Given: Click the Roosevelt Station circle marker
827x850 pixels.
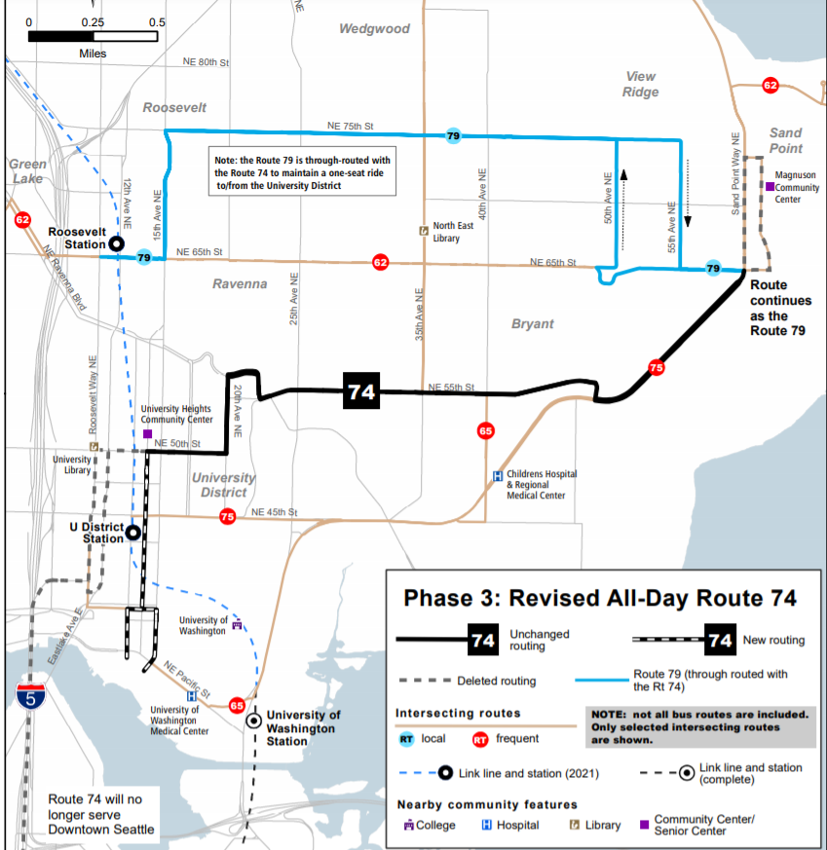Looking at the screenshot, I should [x=116, y=244].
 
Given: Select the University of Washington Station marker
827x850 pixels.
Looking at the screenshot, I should [x=253, y=721].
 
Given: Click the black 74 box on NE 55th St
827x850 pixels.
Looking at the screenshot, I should [x=360, y=391].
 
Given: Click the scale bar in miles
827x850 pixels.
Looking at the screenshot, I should [x=93, y=36].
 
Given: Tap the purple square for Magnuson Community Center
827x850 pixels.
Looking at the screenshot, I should [x=770, y=186].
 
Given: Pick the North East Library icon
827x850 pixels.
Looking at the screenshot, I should [x=423, y=231].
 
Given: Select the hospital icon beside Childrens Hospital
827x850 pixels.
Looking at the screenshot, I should [x=498, y=476].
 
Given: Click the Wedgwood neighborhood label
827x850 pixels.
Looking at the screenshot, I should [x=374, y=29].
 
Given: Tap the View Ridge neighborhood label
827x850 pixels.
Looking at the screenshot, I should [x=641, y=84].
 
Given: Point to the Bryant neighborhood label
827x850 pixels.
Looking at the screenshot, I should [x=532, y=323].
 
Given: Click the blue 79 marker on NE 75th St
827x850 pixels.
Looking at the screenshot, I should [x=453, y=136].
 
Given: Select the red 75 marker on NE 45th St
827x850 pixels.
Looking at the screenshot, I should [x=227, y=517].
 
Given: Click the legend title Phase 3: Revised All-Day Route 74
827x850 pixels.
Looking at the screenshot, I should [x=600, y=598].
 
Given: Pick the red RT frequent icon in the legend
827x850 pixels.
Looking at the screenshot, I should [x=479, y=739].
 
